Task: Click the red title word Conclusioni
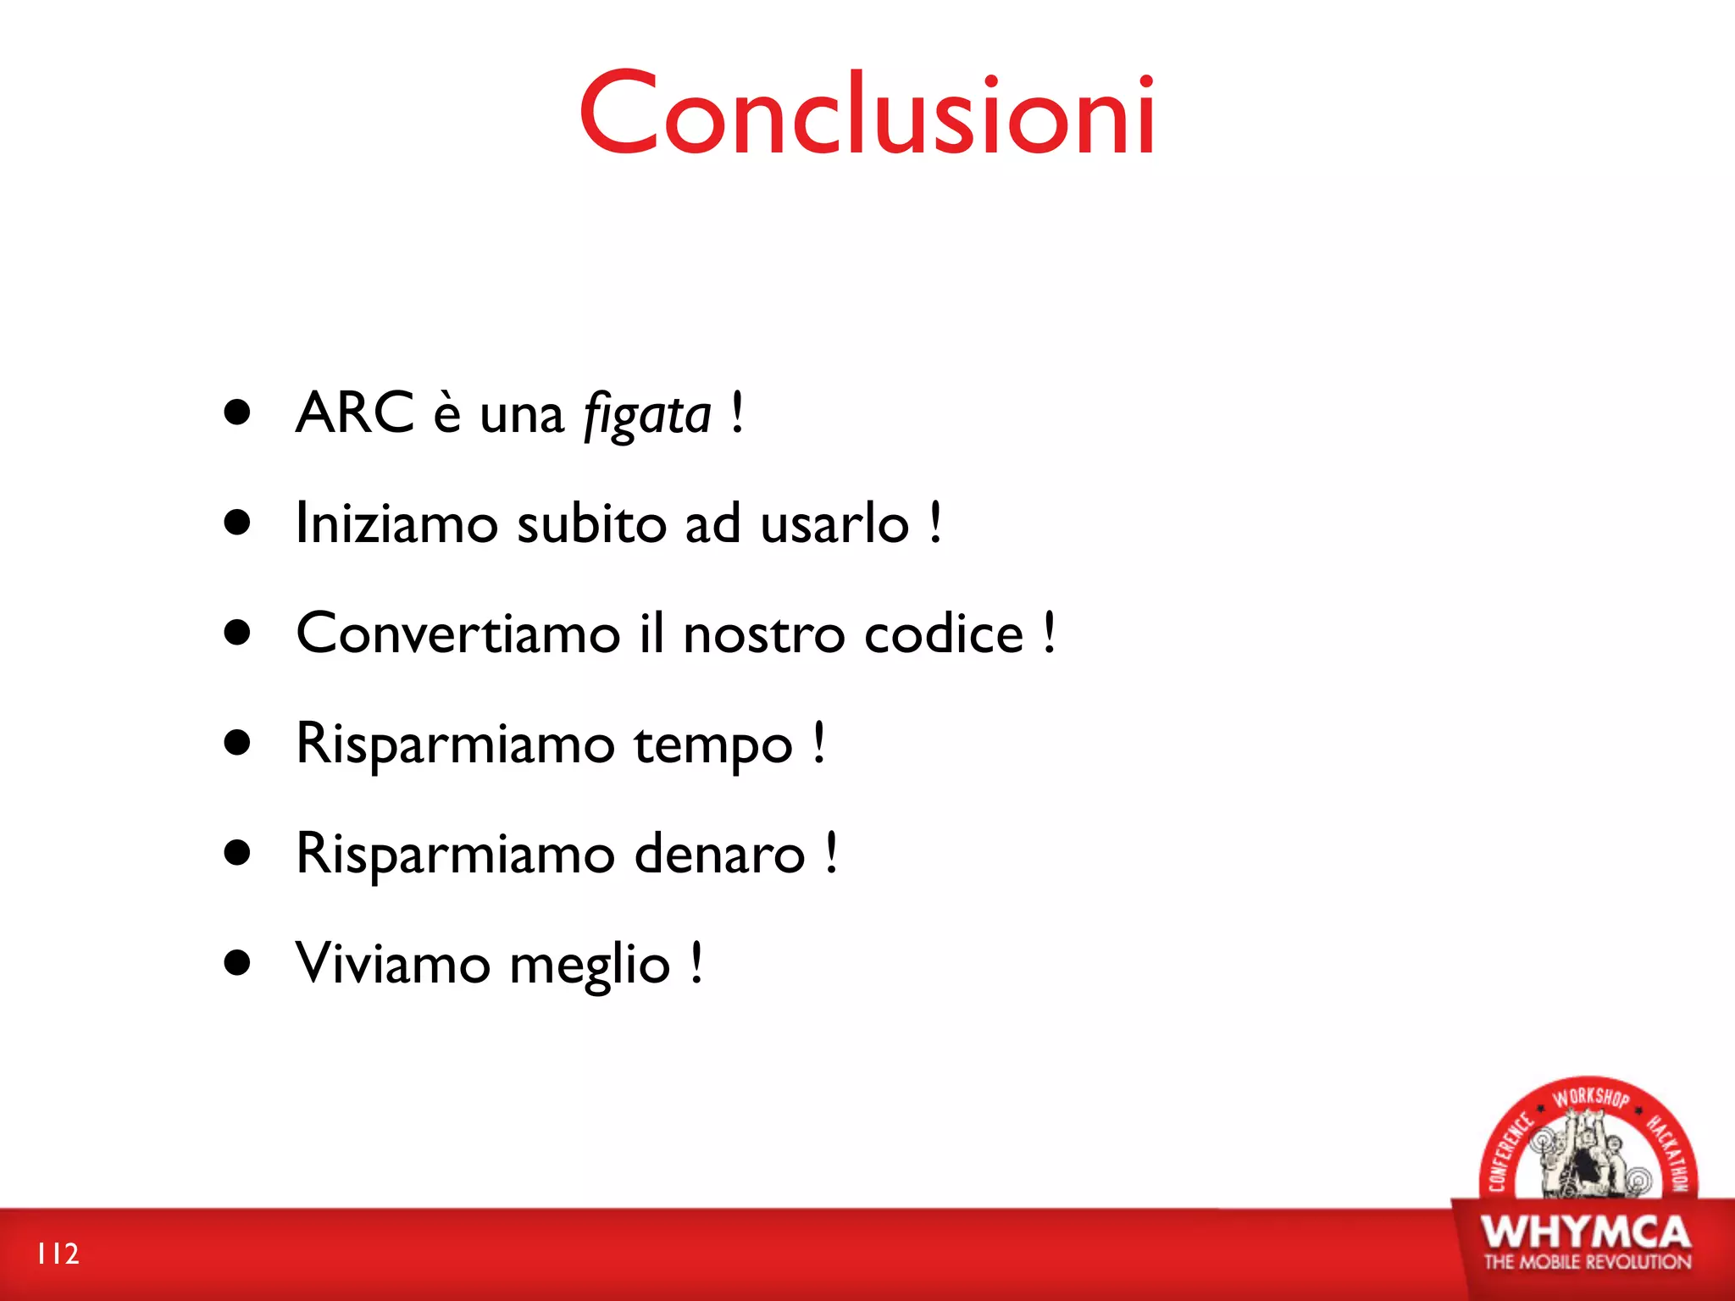point(867,113)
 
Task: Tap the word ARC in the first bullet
point(354,413)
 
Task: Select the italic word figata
point(647,415)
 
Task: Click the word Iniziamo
point(396,523)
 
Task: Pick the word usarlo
point(834,523)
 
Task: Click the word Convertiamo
point(458,633)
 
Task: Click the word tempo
point(713,745)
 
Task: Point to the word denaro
point(719,853)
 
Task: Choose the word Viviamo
point(392,963)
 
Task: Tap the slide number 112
point(58,1254)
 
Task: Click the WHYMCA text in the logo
point(1586,1232)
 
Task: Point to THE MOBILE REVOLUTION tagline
point(1587,1262)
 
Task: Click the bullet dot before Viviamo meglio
point(238,962)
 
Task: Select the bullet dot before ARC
point(238,412)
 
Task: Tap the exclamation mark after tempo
point(819,743)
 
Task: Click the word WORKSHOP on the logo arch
point(1590,1098)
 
